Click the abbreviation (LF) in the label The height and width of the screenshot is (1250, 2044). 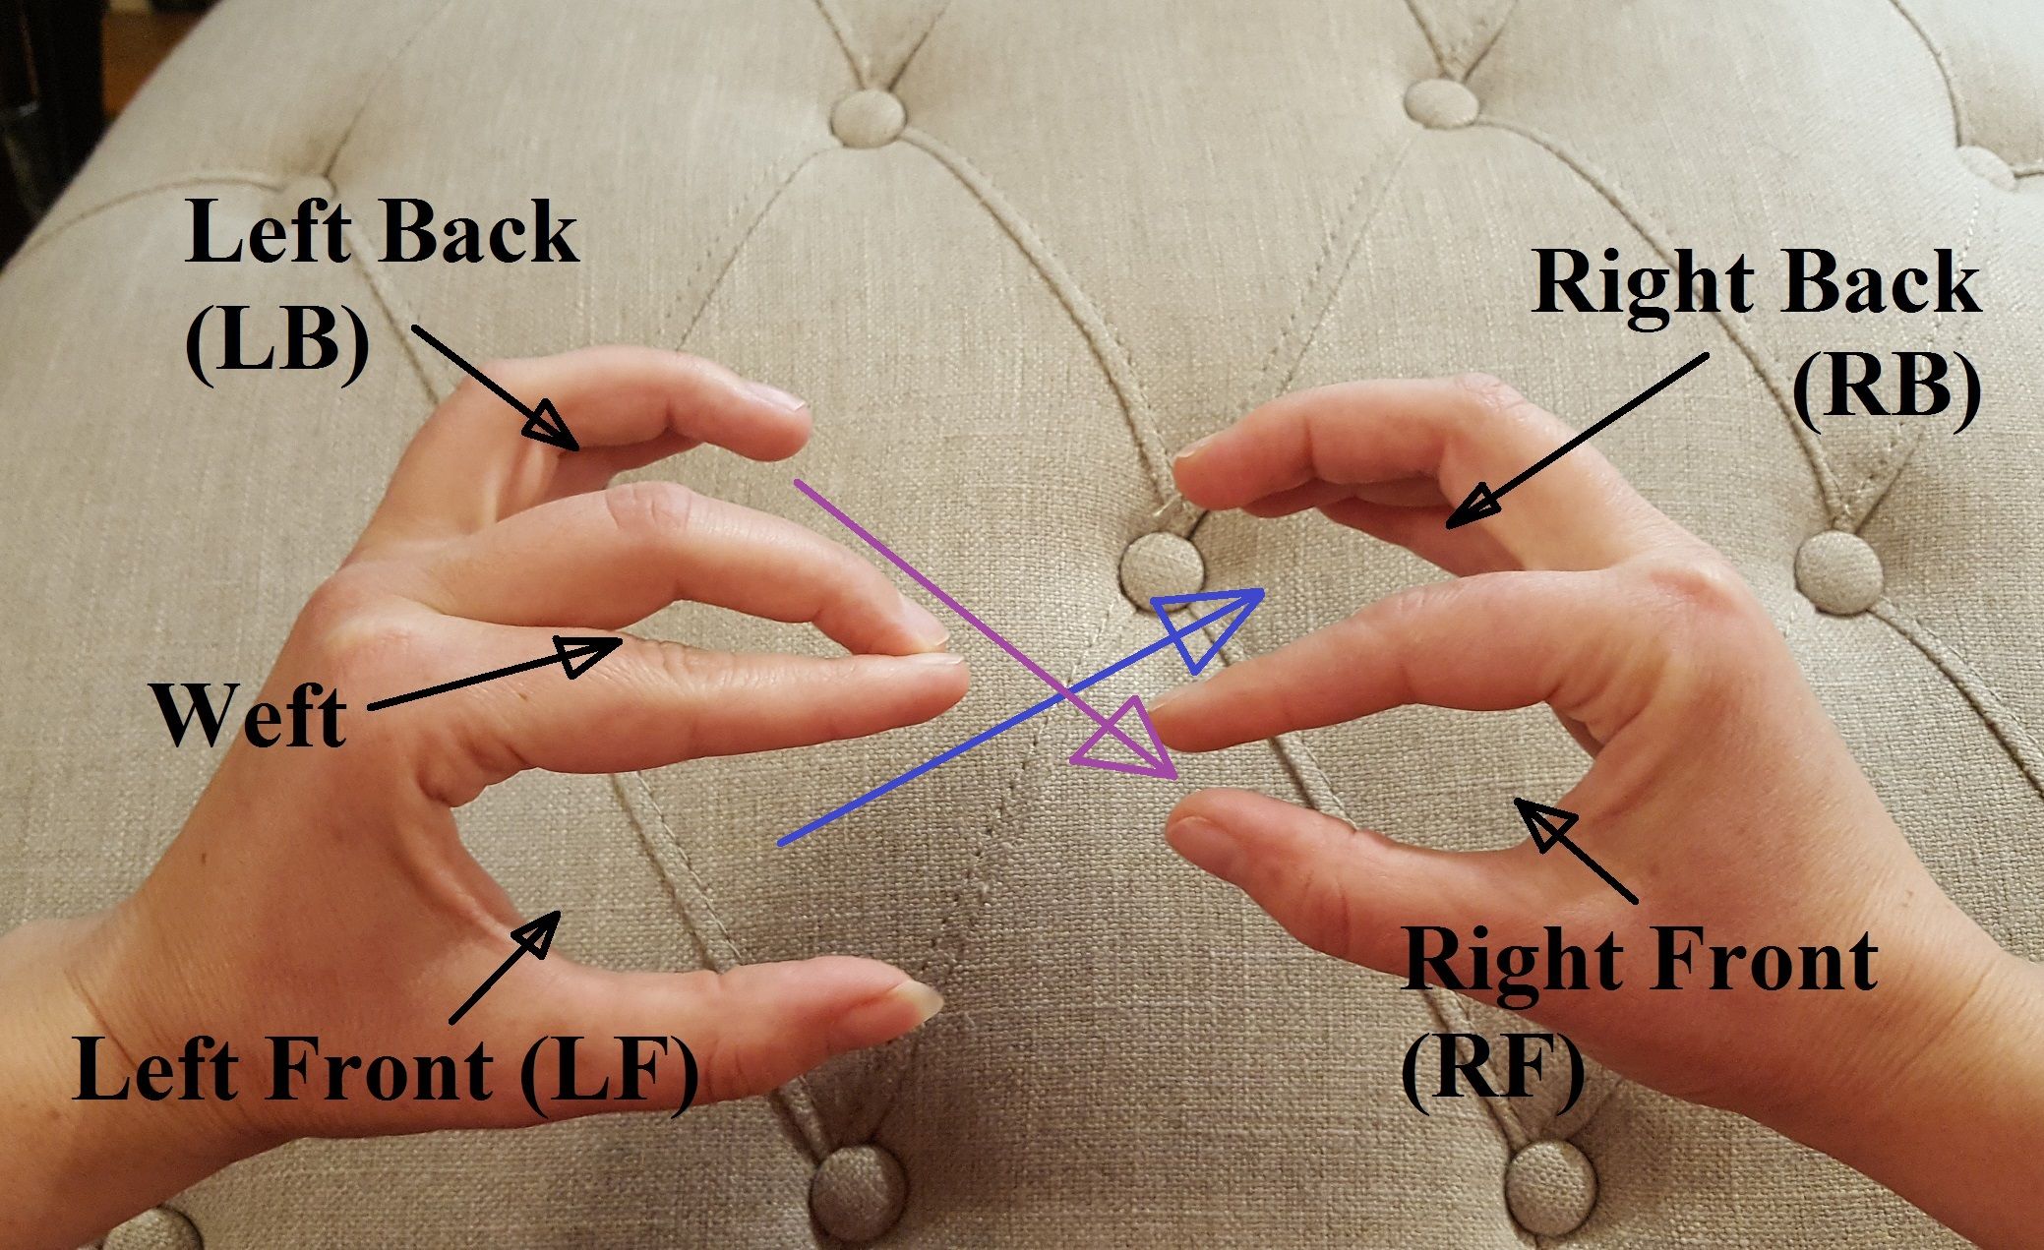610,1073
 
